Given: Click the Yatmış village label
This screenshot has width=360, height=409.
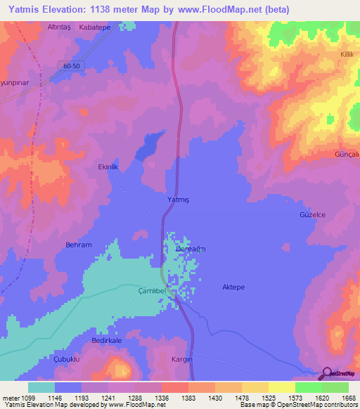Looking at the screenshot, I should pyautogui.click(x=179, y=200).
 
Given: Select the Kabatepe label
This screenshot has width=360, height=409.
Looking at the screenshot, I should pyautogui.click(x=95, y=27).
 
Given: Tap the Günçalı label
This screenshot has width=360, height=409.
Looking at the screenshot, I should pyautogui.click(x=347, y=154).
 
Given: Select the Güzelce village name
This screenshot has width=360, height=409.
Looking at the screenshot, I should pyautogui.click(x=313, y=214).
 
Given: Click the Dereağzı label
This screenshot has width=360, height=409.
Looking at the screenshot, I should pyautogui.click(x=190, y=249).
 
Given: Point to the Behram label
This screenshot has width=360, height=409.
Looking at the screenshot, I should pyautogui.click(x=79, y=245).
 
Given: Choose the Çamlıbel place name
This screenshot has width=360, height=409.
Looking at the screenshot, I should pyautogui.click(x=151, y=290).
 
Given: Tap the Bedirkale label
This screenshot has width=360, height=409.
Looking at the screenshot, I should pyautogui.click(x=107, y=340).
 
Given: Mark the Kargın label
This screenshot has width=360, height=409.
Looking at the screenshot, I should pyautogui.click(x=182, y=358).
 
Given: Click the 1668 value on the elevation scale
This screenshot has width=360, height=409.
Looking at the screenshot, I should pyautogui.click(x=347, y=397).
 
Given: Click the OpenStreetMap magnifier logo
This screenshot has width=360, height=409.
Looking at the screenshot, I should pyautogui.click(x=326, y=374).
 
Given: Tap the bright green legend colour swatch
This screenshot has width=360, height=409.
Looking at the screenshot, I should pyautogui.click(x=309, y=387).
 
